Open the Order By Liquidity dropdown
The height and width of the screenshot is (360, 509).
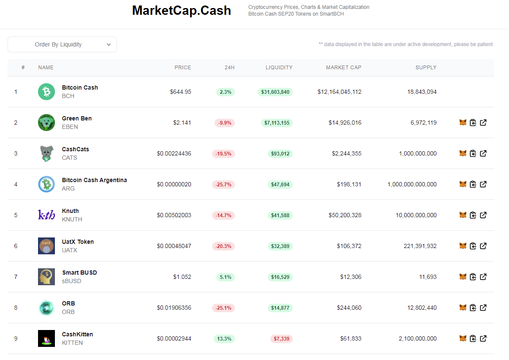click(62, 44)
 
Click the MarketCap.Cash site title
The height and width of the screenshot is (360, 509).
click(181, 11)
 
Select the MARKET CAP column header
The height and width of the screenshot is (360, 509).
click(343, 68)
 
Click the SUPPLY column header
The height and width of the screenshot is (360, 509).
click(426, 68)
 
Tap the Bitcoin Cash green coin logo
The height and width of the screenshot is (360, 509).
click(46, 92)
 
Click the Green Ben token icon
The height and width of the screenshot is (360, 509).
click(46, 123)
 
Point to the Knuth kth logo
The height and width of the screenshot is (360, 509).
click(46, 215)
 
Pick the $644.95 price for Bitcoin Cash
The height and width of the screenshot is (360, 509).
click(180, 92)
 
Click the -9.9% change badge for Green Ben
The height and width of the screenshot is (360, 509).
click(224, 123)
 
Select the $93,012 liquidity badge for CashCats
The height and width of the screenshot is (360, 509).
click(280, 154)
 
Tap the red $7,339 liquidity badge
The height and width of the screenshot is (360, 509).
click(281, 339)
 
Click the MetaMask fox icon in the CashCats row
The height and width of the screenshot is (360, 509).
click(463, 153)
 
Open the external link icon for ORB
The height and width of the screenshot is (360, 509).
click(483, 308)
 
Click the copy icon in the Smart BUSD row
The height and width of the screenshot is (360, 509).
click(473, 277)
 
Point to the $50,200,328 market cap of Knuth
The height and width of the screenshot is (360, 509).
click(345, 215)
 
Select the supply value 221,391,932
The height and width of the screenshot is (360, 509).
click(420, 246)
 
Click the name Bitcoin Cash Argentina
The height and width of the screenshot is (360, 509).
click(94, 180)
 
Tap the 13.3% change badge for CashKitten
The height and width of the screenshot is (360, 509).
click(224, 339)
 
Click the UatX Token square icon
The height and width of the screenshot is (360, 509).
click(46, 246)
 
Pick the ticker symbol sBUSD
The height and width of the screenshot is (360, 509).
click(71, 281)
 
